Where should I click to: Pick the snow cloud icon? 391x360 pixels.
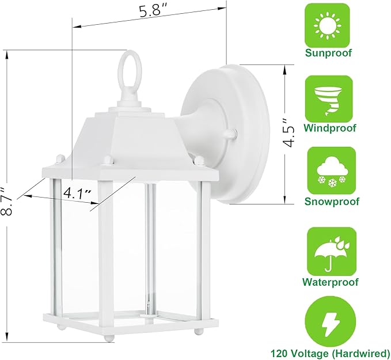331,170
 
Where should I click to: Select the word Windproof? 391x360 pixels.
331,128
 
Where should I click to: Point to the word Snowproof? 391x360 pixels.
331,202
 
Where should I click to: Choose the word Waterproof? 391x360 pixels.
331,282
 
